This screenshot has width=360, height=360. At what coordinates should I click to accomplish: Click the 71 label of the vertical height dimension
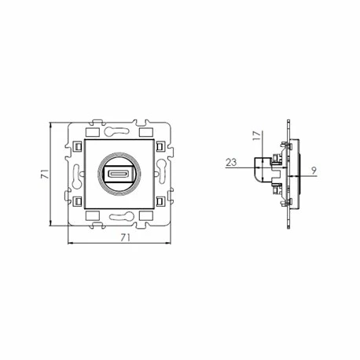pyautogui.click(x=45, y=174)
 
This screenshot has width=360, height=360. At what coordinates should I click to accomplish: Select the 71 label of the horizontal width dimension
pyautogui.click(x=125, y=237)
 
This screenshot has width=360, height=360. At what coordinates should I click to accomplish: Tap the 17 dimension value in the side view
pyautogui.click(x=257, y=135)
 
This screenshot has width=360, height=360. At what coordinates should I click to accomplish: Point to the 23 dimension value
pyautogui.click(x=231, y=163)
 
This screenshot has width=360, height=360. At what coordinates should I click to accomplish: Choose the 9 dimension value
pyautogui.click(x=314, y=171)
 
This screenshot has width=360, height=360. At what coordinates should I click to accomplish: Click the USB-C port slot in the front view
pyautogui.click(x=119, y=174)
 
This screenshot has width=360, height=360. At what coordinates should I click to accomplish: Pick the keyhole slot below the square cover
pyautogui.click(x=122, y=216)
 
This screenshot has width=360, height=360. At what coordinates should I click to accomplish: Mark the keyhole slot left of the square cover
pyautogui.click(x=77, y=176)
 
